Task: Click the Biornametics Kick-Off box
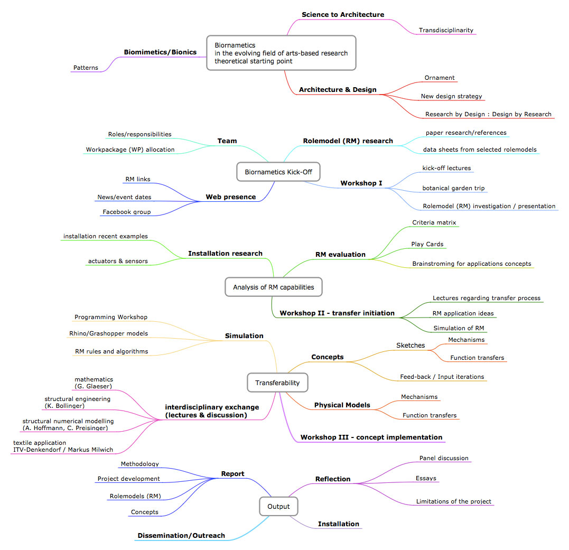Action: tap(278, 172)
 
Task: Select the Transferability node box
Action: tap(277, 383)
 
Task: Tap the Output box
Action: tap(279, 507)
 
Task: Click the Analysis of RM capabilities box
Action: tap(274, 287)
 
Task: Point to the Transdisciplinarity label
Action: tap(446, 30)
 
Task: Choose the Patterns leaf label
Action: tap(86, 68)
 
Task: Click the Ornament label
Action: tap(440, 78)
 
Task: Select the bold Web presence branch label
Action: tap(231, 197)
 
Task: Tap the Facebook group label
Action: tap(127, 212)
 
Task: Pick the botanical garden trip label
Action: tap(454, 188)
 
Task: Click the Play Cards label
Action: tap(427, 244)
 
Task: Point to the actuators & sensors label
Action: tap(118, 261)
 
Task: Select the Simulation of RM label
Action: tap(459, 328)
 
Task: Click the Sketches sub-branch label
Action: tap(411, 346)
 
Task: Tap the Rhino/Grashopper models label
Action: tap(108, 333)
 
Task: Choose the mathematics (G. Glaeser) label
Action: tap(94, 383)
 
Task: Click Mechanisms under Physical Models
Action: tap(419, 397)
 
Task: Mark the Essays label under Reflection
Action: tap(426, 478)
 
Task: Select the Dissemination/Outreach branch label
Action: tap(181, 536)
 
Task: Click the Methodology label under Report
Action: tap(139, 464)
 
